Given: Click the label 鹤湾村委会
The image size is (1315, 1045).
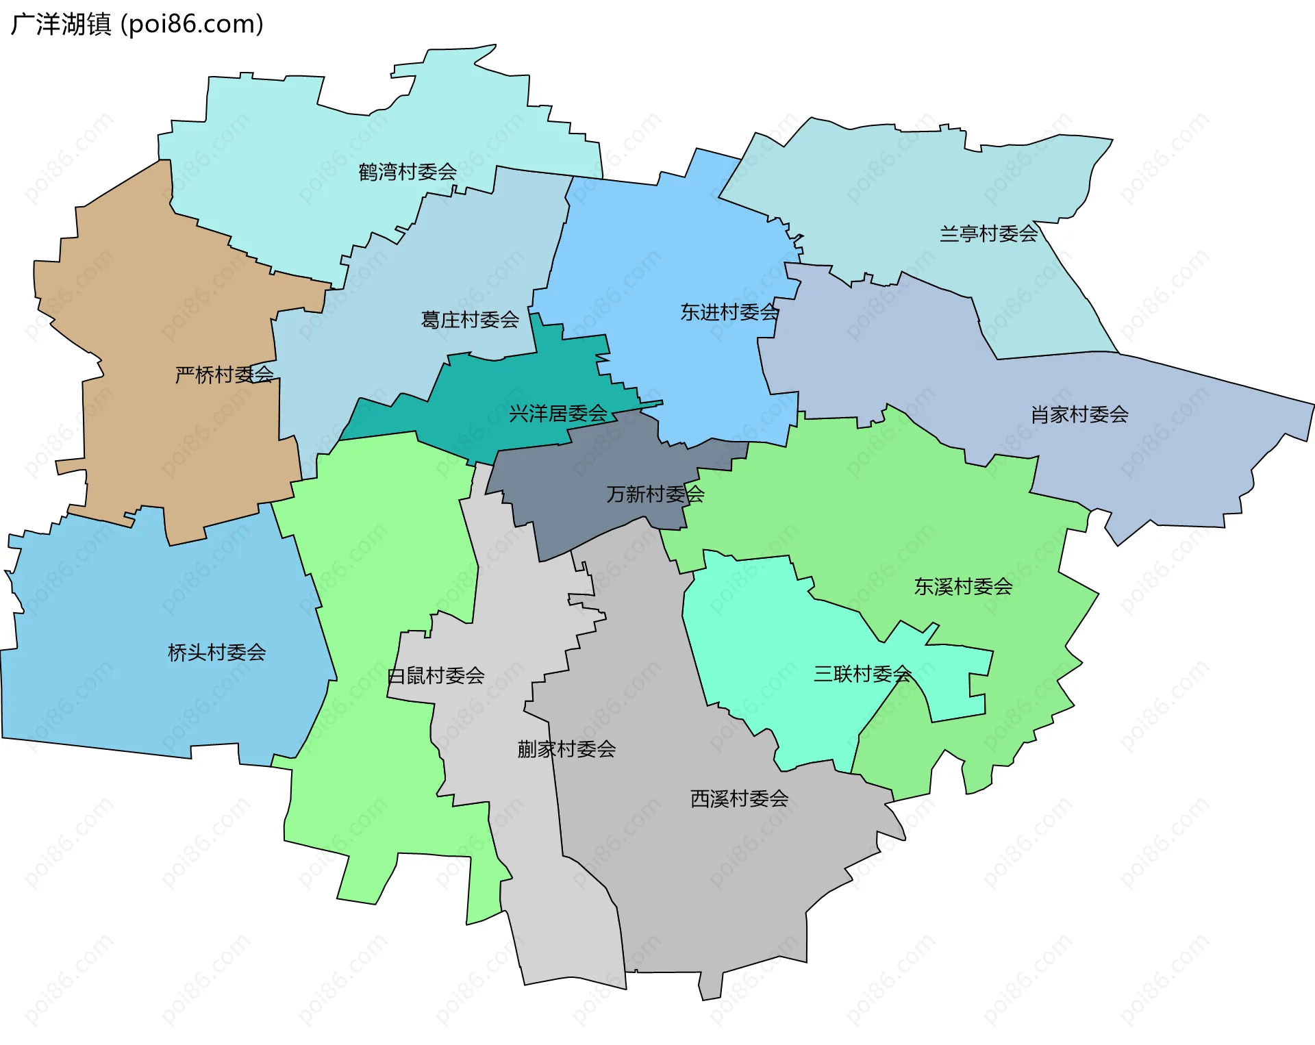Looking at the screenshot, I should [x=408, y=172].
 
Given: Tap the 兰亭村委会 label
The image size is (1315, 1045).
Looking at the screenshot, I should [x=988, y=234].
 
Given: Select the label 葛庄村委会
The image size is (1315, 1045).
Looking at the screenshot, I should [x=470, y=320].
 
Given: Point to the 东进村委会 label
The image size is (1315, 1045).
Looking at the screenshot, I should [x=729, y=312].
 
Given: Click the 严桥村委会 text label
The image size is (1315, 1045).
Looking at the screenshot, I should [x=225, y=375].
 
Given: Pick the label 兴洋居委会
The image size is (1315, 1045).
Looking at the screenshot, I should [x=558, y=414].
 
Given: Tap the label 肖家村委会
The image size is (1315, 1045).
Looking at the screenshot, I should [x=1079, y=414].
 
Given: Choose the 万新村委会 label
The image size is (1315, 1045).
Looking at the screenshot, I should [x=655, y=494].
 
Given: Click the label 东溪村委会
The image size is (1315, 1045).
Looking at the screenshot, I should [x=963, y=587].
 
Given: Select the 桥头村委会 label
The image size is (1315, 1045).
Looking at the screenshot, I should [x=217, y=653].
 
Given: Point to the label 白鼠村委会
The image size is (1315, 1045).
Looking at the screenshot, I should [x=436, y=677].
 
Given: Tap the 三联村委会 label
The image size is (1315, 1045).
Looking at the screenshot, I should [x=862, y=675].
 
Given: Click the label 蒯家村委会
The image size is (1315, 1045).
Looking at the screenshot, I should [x=566, y=749].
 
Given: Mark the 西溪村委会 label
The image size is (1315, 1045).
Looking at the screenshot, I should [x=739, y=799].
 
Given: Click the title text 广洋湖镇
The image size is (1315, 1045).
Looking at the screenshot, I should [x=61, y=25].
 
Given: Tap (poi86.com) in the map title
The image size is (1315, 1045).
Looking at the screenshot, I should [x=192, y=25].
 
